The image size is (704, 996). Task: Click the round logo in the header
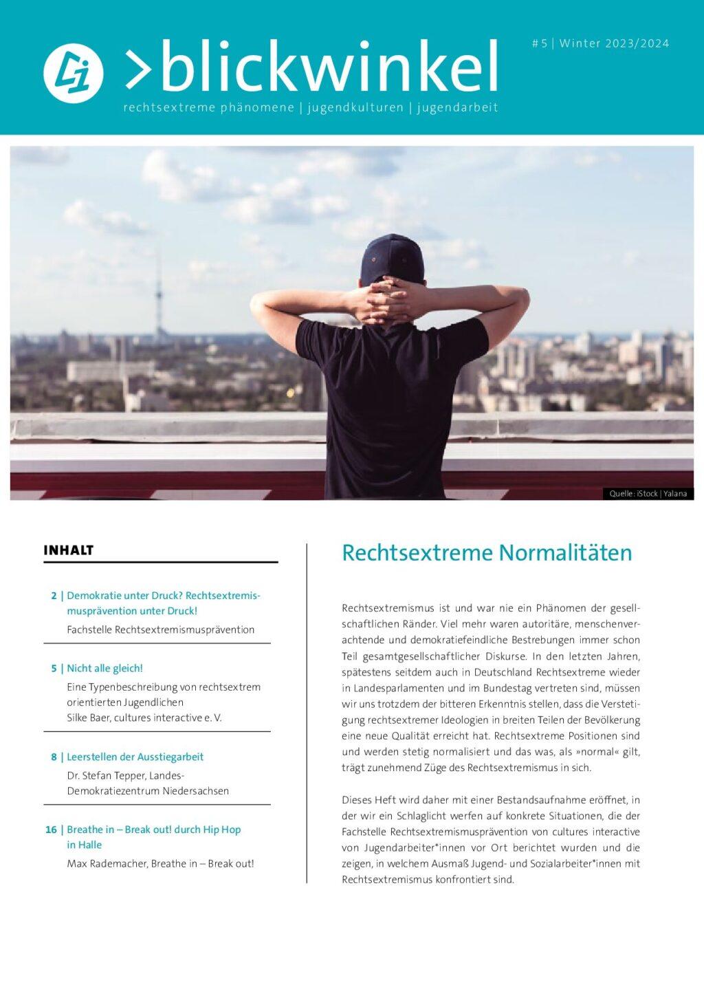tap(73, 73)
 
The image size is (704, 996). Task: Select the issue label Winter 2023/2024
tap(613, 43)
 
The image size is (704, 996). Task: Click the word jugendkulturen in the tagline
tap(355, 107)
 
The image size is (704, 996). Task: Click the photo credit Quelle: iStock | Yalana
tap(648, 493)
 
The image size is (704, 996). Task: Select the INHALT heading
tap(68, 550)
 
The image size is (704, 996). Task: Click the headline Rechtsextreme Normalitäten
tap(486, 553)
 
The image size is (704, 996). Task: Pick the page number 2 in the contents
tap(54, 596)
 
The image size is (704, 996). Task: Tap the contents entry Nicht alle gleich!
tap(104, 668)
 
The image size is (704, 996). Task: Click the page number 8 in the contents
tap(54, 757)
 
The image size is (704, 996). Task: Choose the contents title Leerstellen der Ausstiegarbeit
tap(135, 757)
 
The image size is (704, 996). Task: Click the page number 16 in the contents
tap(51, 830)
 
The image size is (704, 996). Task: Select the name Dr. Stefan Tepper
tap(104, 775)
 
